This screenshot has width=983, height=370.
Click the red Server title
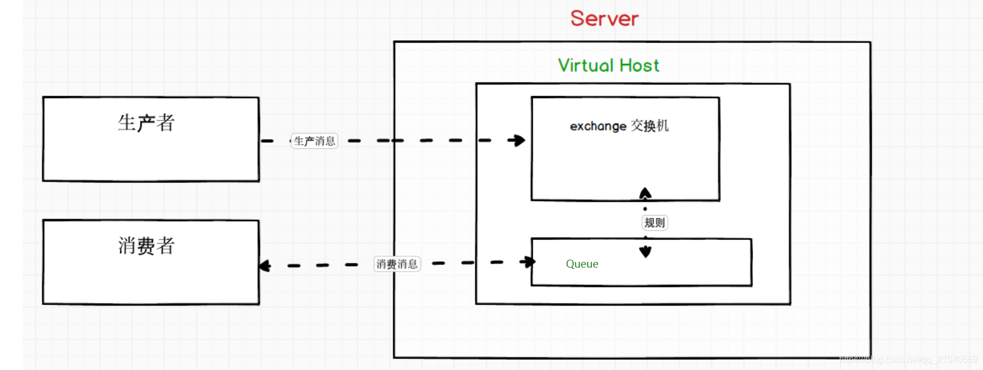604,19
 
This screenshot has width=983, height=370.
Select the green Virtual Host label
608,66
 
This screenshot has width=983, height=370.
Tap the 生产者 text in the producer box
146,123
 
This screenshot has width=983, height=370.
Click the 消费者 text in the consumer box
146,246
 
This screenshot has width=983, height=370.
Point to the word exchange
598,126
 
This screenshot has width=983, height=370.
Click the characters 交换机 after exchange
650,126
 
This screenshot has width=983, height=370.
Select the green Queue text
582,264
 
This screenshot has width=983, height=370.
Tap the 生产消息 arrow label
314,141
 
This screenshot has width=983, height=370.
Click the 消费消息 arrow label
397,264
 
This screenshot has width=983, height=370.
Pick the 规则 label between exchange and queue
654,222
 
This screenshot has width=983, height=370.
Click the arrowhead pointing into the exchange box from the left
517,140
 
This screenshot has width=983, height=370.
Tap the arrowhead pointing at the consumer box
265,266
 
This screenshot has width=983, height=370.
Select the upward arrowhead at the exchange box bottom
645,193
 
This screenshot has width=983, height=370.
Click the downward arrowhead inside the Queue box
645,252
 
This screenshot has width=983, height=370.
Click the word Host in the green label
639,66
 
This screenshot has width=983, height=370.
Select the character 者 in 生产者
165,123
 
